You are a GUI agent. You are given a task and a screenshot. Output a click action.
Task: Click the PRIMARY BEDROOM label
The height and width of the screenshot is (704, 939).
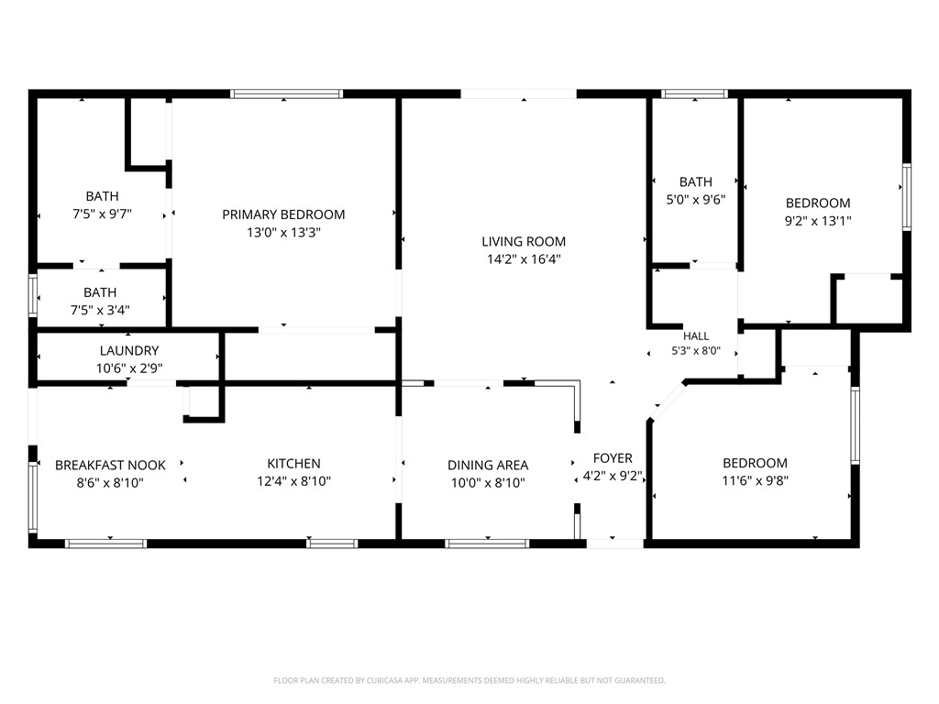coord(283,214)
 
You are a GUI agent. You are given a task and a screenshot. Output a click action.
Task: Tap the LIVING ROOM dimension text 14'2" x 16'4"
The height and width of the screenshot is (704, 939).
coord(524,259)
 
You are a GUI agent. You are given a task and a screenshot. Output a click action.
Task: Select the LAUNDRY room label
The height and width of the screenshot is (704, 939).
coord(129,351)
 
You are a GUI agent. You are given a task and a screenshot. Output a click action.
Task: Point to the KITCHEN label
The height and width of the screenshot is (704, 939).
coord(293,463)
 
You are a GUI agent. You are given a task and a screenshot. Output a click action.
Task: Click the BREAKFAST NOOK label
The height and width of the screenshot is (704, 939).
coord(110,465)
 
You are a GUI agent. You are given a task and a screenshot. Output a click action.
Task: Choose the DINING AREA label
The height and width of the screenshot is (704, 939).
coord(488,465)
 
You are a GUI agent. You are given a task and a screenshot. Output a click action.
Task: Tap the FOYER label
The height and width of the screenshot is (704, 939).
coord(613,458)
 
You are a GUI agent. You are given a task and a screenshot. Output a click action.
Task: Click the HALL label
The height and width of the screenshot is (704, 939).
coord(696,336)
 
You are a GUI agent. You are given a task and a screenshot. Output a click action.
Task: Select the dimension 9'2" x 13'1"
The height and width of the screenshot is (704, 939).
coord(818,221)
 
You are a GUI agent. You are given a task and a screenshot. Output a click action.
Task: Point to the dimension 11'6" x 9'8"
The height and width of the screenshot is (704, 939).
coord(756,480)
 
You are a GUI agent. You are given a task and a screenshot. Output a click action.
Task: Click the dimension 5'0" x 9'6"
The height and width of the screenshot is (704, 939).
coord(696,199)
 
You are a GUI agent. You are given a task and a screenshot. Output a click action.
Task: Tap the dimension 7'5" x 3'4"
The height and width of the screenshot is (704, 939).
coord(100,310)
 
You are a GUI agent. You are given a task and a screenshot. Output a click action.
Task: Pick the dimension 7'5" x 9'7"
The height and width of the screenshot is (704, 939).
coord(103,214)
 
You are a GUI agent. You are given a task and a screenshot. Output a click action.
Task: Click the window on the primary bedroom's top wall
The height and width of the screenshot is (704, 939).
coord(286,94)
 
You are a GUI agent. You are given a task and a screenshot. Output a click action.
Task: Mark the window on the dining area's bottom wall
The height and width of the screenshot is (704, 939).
coord(488,544)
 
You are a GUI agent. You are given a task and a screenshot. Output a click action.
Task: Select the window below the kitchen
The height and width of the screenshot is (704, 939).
coord(332,544)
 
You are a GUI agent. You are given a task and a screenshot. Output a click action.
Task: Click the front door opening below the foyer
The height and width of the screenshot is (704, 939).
coord(615,544)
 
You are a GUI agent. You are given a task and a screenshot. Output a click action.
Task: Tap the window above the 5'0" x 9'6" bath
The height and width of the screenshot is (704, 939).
coord(695,94)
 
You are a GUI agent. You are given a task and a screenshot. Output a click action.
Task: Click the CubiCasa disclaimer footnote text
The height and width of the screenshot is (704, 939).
coord(469,681)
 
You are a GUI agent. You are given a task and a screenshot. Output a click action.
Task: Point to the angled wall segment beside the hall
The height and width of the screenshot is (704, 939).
coord(668,401)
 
